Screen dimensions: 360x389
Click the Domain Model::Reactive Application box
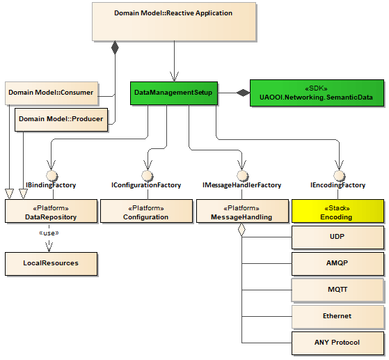pos(173,21)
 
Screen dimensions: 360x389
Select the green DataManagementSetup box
pos(173,92)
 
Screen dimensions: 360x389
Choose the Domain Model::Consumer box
pos(51,92)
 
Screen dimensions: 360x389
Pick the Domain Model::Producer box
pos(61,119)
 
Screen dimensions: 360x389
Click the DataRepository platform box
pos(51,212)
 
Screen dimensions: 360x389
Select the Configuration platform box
pos(146,212)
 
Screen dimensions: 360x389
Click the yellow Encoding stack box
pos(338,212)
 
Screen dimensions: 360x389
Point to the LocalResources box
pos(51,263)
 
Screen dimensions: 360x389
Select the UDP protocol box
pos(338,237)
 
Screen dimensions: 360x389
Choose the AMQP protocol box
pos(338,264)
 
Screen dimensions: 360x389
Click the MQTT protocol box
pos(338,290)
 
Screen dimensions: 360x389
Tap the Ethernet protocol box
pos(338,316)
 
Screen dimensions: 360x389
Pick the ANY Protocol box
pos(338,343)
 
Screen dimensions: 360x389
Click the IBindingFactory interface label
pos(51,186)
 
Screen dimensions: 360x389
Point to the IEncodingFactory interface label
pos(338,186)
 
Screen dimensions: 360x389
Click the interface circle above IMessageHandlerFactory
pos(242,175)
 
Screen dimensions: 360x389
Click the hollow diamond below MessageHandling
pos(242,230)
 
